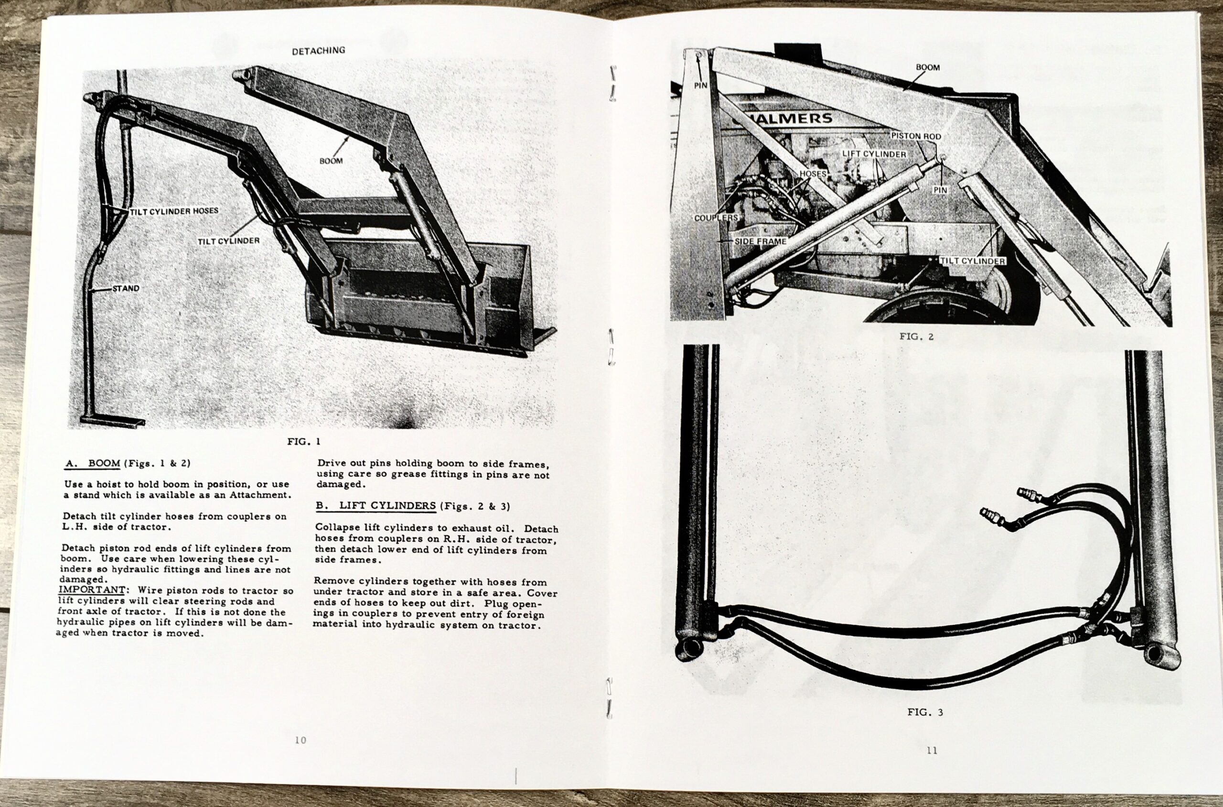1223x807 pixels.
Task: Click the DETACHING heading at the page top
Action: click(x=318, y=51)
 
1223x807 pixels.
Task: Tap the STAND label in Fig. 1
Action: click(x=126, y=289)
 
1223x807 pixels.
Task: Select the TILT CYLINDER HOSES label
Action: click(x=174, y=211)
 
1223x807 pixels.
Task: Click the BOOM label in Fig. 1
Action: click(x=331, y=161)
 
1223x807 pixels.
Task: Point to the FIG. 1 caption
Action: click(x=304, y=442)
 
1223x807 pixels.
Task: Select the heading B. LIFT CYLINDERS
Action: click(x=375, y=506)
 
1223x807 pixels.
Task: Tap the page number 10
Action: click(x=300, y=740)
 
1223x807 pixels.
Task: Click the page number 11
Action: click(x=932, y=751)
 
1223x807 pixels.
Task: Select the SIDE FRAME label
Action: click(x=760, y=241)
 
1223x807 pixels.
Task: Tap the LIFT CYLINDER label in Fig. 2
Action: click(x=874, y=154)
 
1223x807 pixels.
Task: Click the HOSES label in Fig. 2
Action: click(x=813, y=174)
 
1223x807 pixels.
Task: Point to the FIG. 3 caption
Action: click(x=925, y=712)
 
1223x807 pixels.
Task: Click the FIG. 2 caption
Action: click(x=916, y=337)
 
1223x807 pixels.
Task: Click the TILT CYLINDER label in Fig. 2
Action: click(x=972, y=261)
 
